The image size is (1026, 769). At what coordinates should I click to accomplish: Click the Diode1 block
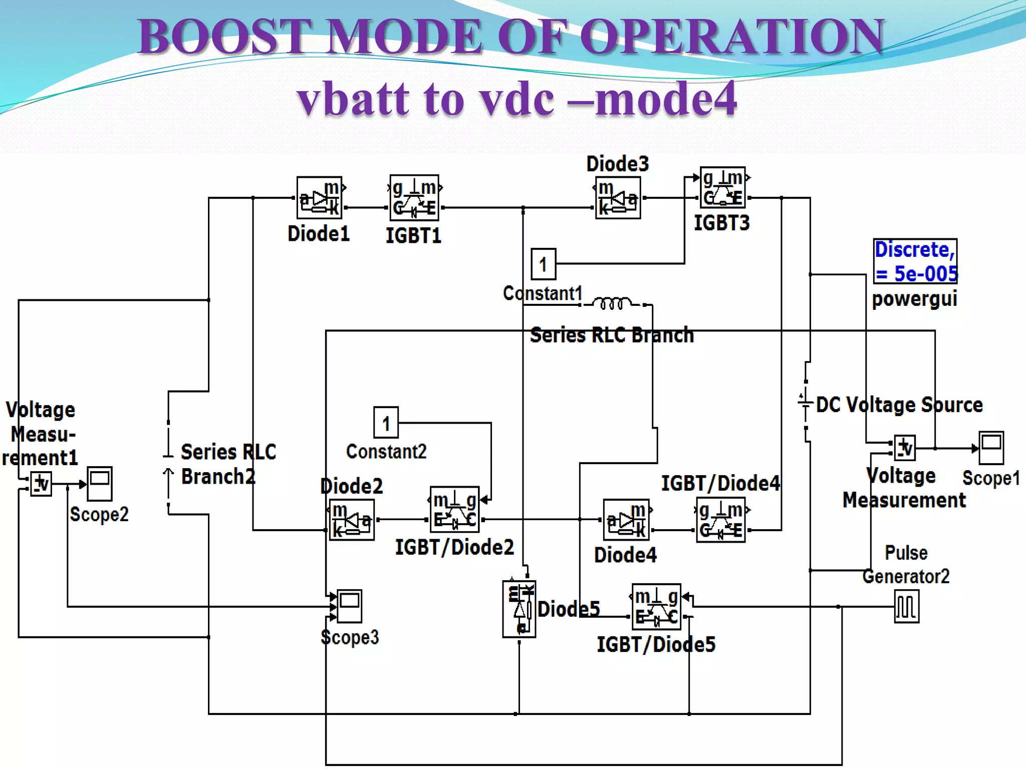tap(319, 198)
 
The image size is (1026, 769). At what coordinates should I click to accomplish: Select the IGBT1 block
tap(414, 198)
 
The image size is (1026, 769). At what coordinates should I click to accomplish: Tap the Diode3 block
tap(618, 198)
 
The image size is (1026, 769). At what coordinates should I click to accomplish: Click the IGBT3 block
tap(722, 188)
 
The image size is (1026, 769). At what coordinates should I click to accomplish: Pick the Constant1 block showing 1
tap(543, 264)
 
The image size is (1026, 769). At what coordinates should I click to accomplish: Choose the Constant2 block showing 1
tap(386, 423)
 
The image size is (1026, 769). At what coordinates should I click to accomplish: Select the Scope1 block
tap(991, 448)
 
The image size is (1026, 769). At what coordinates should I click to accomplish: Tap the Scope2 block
tap(99, 484)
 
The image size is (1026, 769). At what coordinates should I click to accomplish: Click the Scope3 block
tap(349, 606)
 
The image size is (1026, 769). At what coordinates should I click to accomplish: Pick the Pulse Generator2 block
tap(906, 606)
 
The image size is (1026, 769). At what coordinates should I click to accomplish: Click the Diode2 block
tap(352, 520)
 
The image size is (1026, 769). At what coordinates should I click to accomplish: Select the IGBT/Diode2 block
tap(454, 510)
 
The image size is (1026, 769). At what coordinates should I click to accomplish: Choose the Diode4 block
tap(626, 520)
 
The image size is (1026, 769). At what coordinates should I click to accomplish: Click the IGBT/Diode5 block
tap(656, 606)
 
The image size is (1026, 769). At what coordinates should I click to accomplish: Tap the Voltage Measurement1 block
tap(41, 484)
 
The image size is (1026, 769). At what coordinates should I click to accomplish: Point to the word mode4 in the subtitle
tap(666, 99)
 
